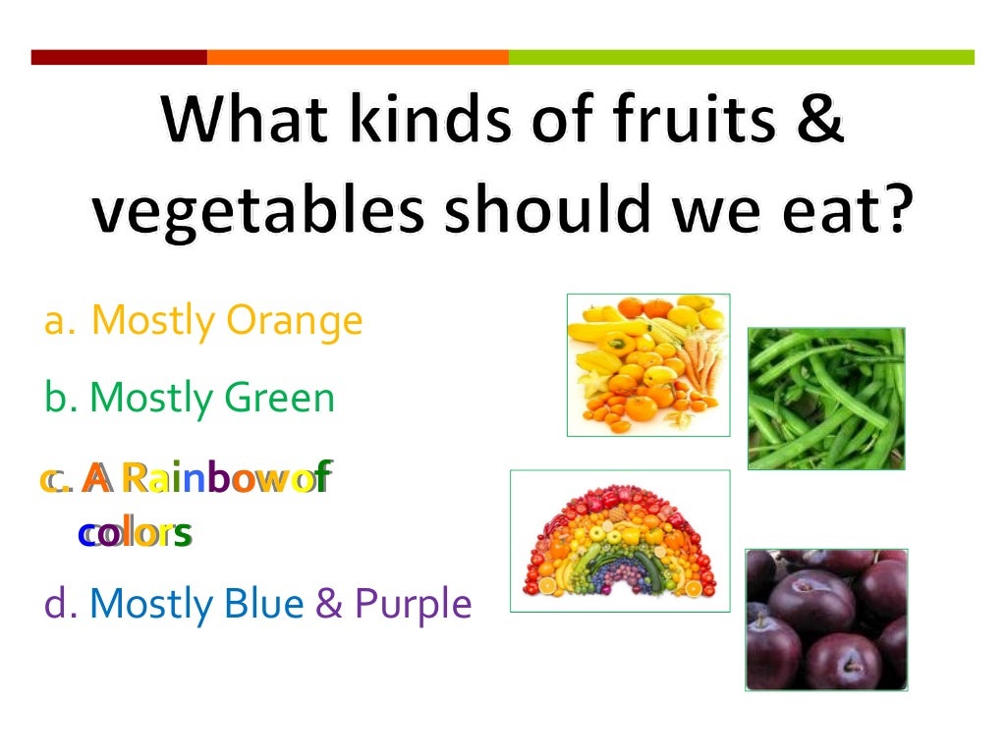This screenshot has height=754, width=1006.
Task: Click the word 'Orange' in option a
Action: tap(295, 321)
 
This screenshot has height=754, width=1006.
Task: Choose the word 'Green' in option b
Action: tap(280, 398)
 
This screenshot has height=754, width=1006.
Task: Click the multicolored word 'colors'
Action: tap(135, 534)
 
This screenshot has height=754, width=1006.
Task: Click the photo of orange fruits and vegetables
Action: tap(647, 364)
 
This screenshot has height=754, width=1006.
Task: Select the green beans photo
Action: tap(826, 398)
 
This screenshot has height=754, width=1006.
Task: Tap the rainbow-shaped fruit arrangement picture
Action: tap(619, 541)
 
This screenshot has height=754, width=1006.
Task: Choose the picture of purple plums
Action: tap(826, 619)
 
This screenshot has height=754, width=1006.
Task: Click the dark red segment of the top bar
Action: tap(119, 57)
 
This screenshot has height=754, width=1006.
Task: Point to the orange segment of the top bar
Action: tap(358, 57)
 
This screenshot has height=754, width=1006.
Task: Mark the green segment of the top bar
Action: tap(741, 57)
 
